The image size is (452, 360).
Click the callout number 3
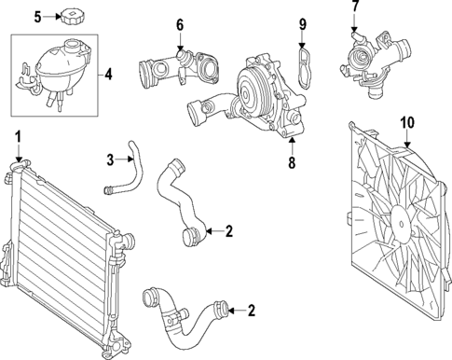[x=109, y=158]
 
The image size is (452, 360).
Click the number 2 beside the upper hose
[x=228, y=229]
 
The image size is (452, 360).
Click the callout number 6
[x=181, y=24]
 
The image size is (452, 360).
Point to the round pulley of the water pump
[x=254, y=83]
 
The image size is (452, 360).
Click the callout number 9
[x=302, y=23]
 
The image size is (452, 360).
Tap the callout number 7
[x=355, y=8]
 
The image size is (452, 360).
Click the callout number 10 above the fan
[x=405, y=122]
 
